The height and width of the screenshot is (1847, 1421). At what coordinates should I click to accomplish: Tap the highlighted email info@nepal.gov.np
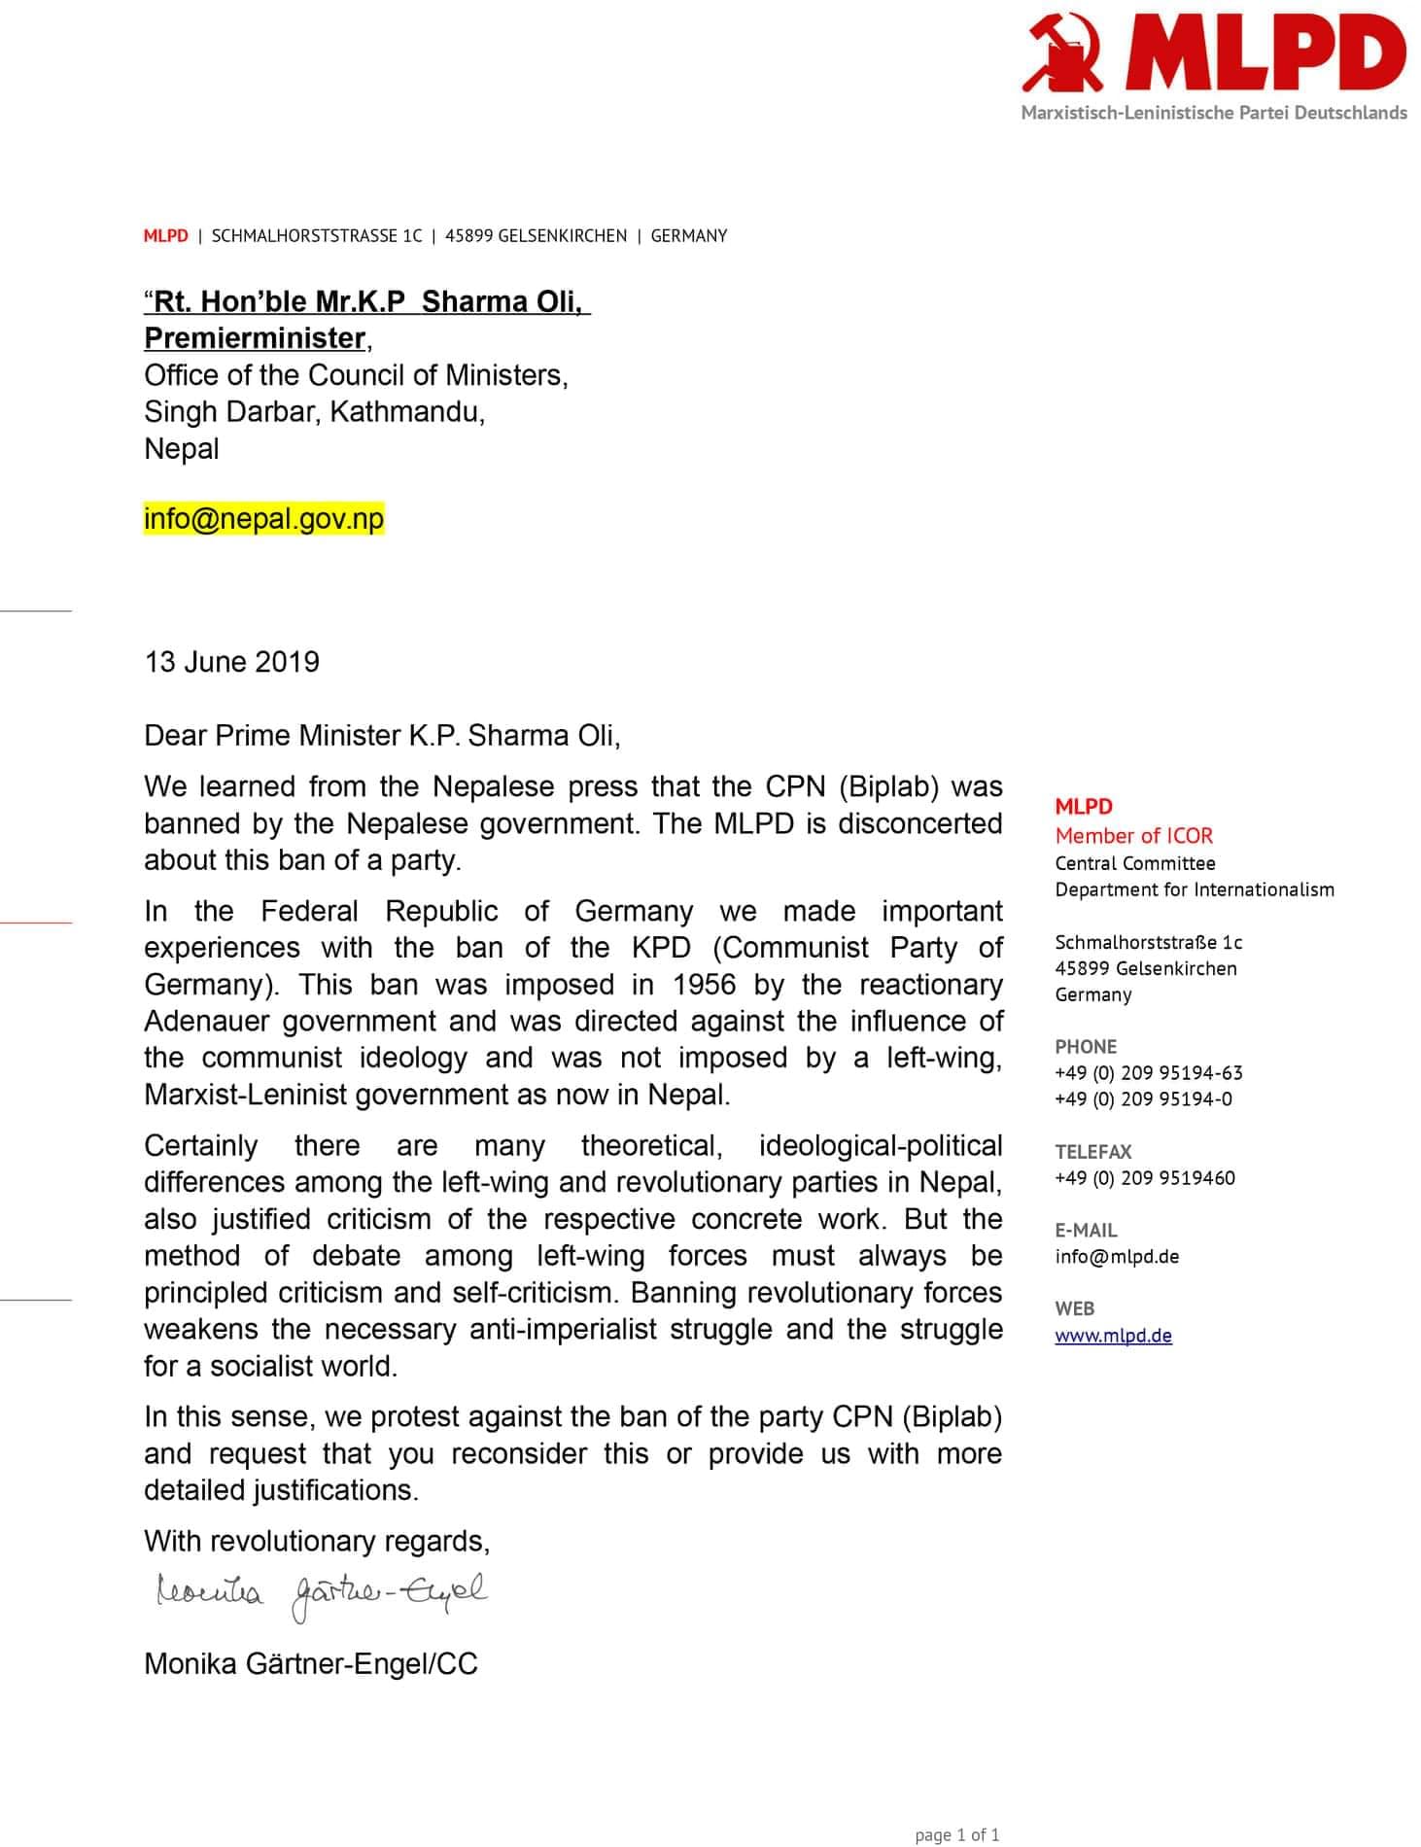[263, 518]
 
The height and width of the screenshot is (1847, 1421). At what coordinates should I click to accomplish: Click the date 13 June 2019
[231, 662]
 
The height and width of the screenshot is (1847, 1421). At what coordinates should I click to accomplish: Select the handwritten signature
[321, 1595]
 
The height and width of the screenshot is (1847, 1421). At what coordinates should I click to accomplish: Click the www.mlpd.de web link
[1113, 1335]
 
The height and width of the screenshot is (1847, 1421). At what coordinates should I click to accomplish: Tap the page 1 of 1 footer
[956, 1834]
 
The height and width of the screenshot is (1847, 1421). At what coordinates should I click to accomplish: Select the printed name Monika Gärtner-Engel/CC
[310, 1663]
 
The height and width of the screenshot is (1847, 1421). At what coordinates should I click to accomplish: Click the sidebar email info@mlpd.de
[1117, 1256]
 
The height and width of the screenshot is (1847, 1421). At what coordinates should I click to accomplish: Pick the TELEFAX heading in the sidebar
[1092, 1152]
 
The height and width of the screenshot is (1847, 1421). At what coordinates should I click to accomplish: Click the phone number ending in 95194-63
[1148, 1073]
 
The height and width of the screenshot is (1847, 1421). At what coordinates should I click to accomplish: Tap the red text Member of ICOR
[1133, 835]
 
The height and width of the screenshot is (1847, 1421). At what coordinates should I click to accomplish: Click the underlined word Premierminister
[255, 338]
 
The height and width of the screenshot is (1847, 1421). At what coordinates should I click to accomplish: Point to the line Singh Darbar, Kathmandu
[314, 412]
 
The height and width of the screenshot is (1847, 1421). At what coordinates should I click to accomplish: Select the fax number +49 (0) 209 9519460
[1144, 1178]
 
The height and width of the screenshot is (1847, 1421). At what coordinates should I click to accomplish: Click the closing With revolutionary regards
[316, 1541]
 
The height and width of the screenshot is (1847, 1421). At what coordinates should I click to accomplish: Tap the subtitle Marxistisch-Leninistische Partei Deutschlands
[1213, 113]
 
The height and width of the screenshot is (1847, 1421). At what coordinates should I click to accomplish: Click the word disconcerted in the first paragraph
[919, 823]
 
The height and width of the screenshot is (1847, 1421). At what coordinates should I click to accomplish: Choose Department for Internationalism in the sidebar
[1194, 889]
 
